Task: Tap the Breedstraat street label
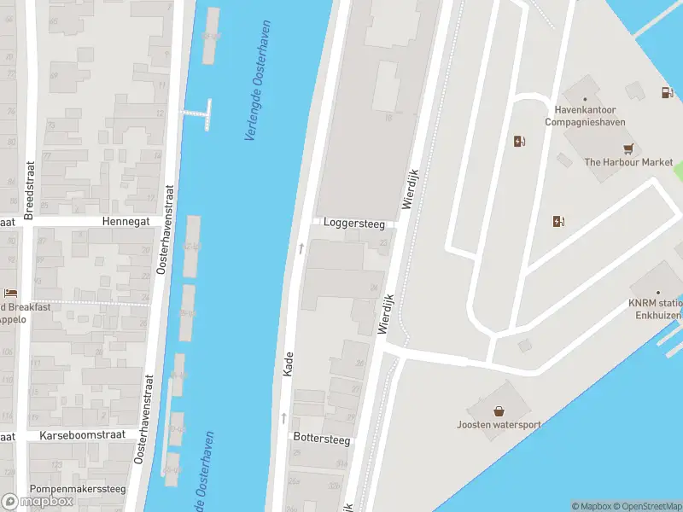tap(28, 190)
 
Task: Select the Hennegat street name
tap(126, 220)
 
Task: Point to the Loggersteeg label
tap(353, 224)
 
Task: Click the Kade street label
tap(289, 364)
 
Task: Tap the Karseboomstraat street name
tap(83, 434)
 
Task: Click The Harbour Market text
tap(628, 162)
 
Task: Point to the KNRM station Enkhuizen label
tap(656, 309)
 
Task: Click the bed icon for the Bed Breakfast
tap(10, 293)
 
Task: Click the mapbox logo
tap(38, 502)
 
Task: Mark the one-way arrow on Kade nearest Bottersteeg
tap(283, 418)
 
